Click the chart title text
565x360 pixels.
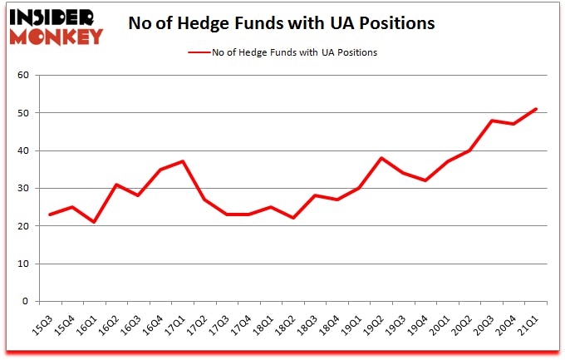pos(281,24)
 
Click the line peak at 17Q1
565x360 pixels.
pos(182,161)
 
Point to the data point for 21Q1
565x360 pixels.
pos(536,109)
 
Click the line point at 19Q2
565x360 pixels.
pos(381,158)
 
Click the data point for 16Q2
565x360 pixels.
pos(117,185)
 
